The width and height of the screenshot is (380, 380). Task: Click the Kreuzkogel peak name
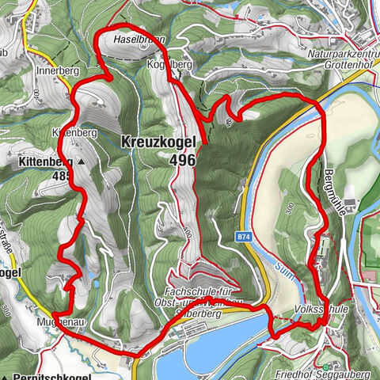pyautogui.click(x=158, y=142)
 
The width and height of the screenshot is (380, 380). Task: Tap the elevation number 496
pyautogui.click(x=181, y=159)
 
